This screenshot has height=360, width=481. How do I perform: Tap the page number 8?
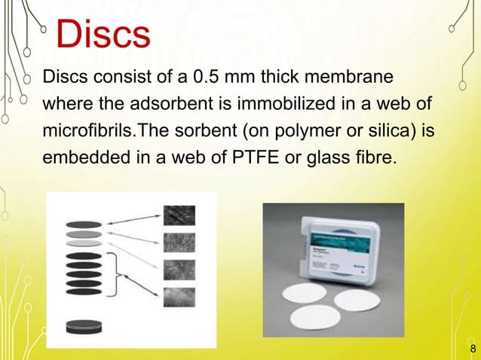tap(473, 349)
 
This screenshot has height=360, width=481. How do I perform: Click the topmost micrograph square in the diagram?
tap(179, 216)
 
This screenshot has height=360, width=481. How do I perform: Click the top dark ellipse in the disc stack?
tap(84, 224)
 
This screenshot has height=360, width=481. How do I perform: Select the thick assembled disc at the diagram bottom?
tap(84, 328)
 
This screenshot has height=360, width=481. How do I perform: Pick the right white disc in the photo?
tap(358, 301)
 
